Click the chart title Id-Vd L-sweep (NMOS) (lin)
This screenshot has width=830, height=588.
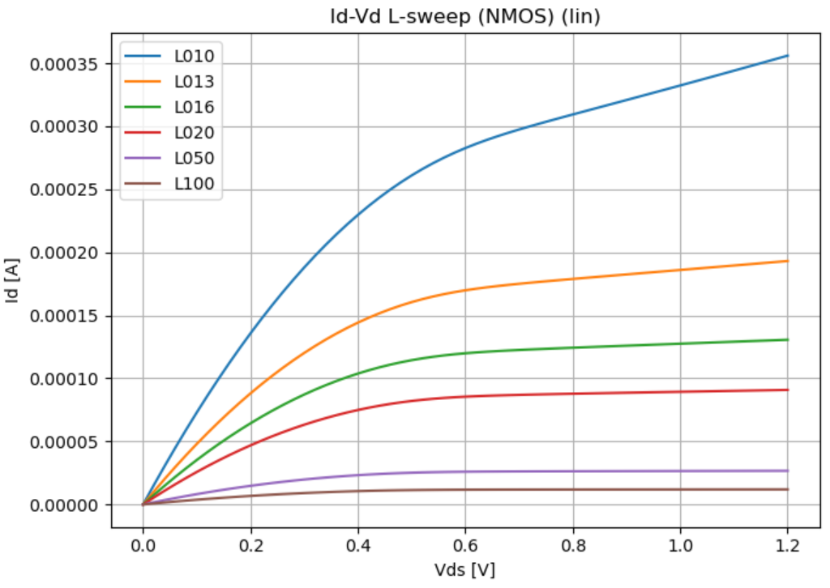464,16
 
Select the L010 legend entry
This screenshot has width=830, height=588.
194,57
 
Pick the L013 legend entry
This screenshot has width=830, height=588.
194,82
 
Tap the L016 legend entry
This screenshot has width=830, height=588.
194,108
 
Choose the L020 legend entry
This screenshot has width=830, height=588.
194,133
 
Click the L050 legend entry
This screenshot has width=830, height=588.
194,159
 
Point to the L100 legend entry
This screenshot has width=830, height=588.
194,184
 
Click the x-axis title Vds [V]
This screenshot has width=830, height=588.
464,569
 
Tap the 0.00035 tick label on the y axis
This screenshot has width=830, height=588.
65,64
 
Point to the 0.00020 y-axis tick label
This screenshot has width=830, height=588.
65,254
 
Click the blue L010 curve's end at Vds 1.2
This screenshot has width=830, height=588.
787,56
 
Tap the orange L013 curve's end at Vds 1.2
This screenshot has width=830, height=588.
787,261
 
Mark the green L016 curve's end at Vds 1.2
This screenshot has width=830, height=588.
787,339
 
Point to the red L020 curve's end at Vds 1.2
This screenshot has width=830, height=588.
787,390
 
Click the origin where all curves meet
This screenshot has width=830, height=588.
143,505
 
